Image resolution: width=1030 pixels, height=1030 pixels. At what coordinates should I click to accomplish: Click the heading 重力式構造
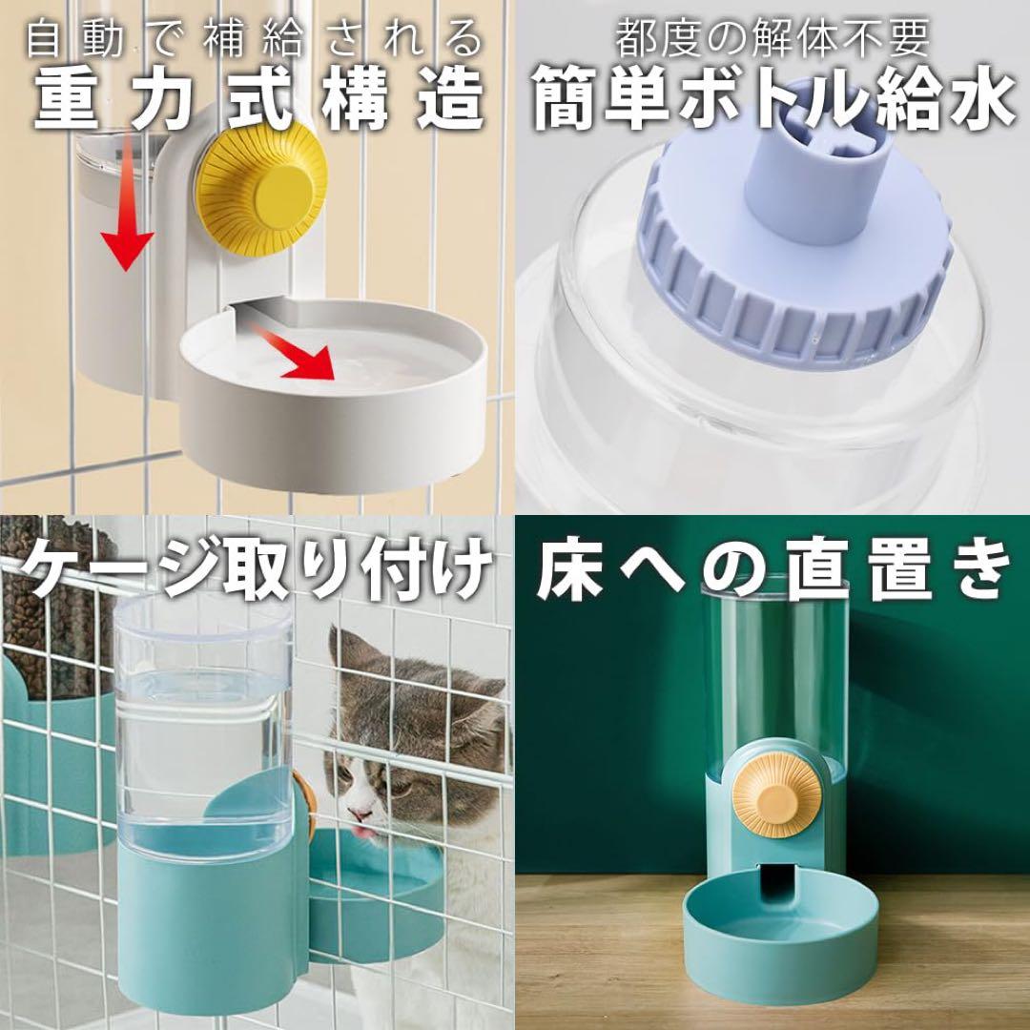(258, 100)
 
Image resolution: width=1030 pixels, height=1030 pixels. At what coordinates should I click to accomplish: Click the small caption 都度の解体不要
(772, 38)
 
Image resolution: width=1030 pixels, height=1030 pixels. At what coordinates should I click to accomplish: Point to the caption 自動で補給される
(255, 37)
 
